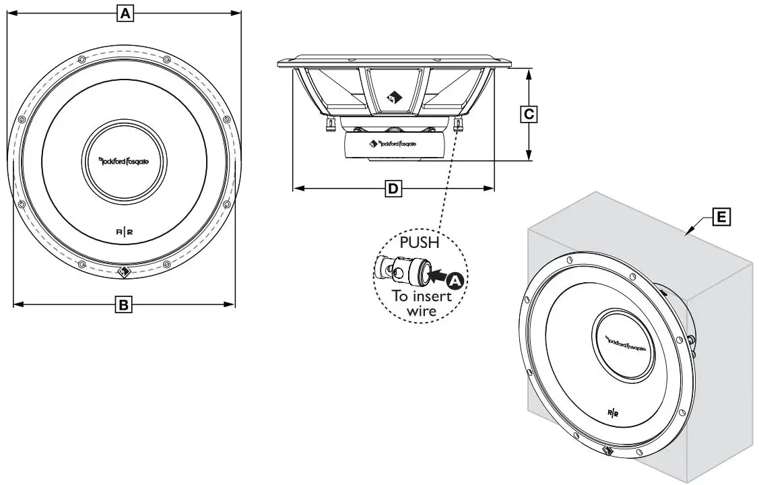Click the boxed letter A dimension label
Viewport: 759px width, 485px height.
click(124, 12)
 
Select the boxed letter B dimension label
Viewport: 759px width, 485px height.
click(123, 304)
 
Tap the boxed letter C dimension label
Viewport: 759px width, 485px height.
click(529, 115)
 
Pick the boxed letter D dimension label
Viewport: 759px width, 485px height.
click(393, 189)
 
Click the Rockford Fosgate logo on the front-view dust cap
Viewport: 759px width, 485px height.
click(123, 161)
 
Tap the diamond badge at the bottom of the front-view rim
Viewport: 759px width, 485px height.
click(124, 273)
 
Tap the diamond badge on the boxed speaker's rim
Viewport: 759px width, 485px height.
click(605, 453)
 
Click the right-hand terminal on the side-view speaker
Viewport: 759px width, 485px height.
click(459, 124)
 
